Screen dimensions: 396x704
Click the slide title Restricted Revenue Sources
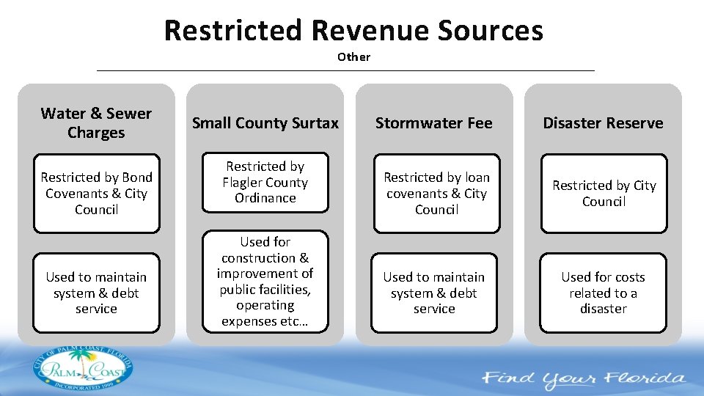[353, 31]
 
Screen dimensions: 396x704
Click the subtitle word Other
[353, 57]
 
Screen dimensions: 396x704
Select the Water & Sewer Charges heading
[96, 123]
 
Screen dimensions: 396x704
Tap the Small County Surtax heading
[265, 123]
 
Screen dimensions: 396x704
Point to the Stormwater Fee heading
[433, 123]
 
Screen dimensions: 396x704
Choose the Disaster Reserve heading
[603, 123]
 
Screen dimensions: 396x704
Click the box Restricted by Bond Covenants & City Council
[96, 194]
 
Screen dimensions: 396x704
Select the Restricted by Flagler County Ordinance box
[265, 183]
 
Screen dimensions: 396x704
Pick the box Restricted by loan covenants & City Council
[436, 194]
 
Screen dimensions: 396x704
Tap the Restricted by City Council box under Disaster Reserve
[604, 194]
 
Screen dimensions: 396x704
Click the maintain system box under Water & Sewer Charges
[96, 293]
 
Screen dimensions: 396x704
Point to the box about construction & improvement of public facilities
[265, 282]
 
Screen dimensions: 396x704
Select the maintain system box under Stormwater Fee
[434, 293]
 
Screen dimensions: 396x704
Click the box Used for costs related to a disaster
[603, 293]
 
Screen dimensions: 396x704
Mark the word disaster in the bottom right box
[603, 309]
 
